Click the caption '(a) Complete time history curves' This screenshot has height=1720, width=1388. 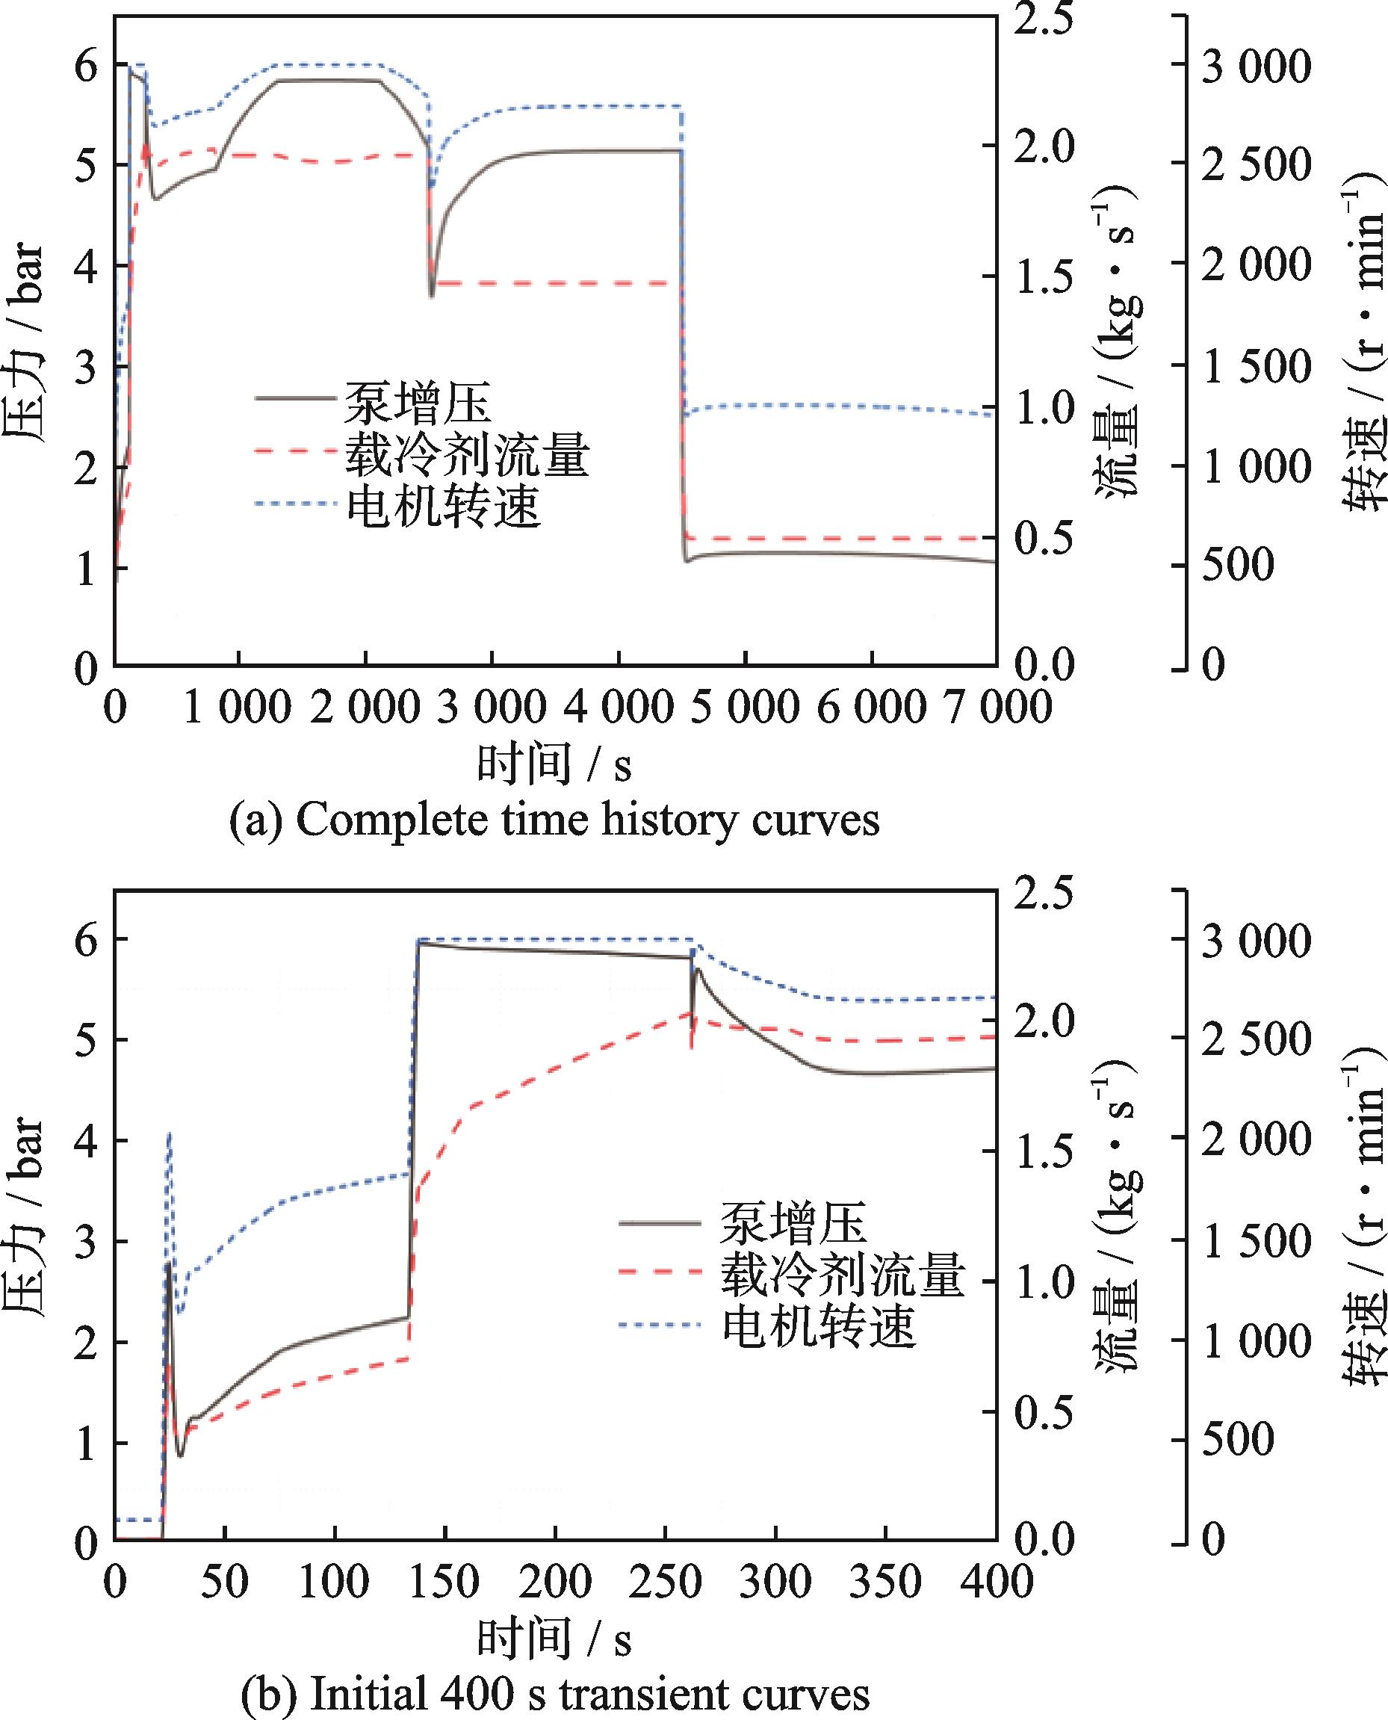point(554,820)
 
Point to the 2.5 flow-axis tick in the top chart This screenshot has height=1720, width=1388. point(1046,22)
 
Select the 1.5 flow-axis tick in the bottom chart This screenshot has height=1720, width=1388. point(1046,1151)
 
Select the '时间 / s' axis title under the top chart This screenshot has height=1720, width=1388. point(554,764)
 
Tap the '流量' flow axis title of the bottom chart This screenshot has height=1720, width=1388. point(1116,1207)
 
